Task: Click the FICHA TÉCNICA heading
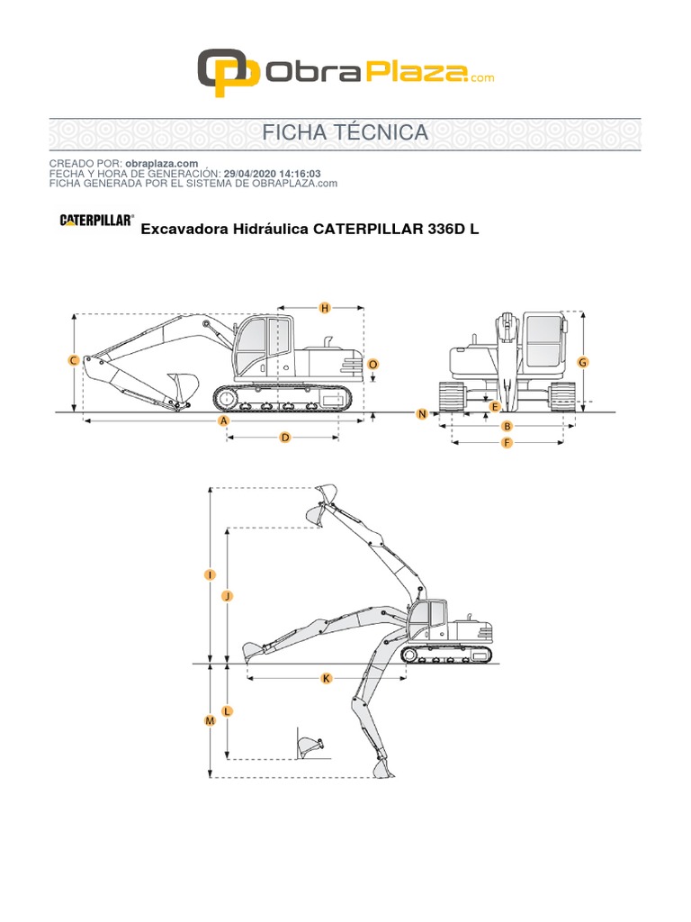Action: (345, 132)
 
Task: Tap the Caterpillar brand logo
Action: (96, 220)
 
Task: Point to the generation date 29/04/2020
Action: (253, 173)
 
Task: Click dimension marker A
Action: (223, 420)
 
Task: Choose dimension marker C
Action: (74, 361)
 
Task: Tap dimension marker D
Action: (285, 438)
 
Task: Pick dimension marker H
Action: (325, 308)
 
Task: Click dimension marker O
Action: (373, 364)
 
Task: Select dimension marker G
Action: (582, 362)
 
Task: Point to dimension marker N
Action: (421, 413)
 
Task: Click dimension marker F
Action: (507, 443)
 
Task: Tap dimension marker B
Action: (507, 426)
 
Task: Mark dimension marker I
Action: (210, 574)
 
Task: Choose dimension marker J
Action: (227, 596)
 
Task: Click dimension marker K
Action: (326, 678)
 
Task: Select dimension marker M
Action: (210, 721)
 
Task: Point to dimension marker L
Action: (227, 711)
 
